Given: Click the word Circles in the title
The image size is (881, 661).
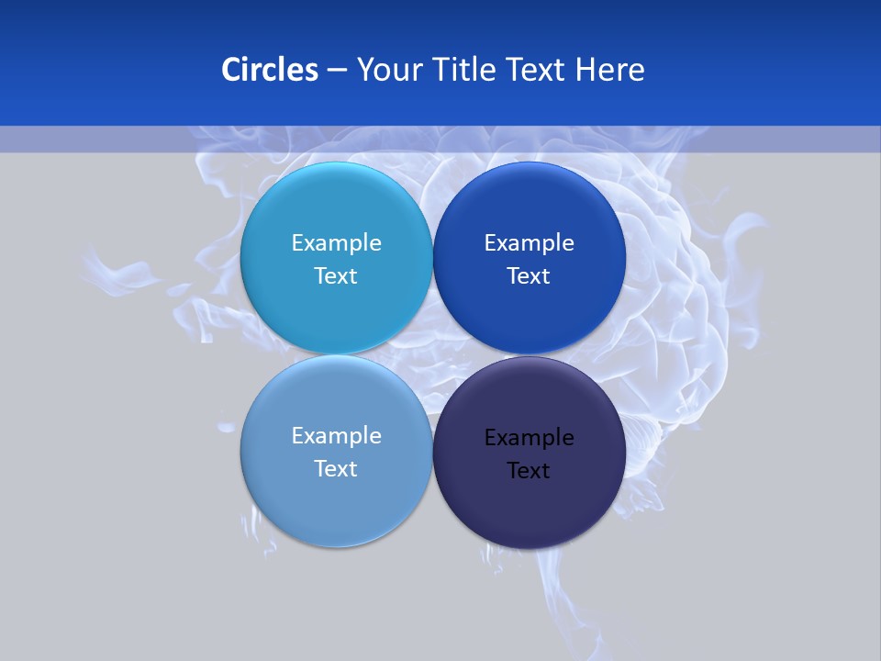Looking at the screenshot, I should pos(269,70).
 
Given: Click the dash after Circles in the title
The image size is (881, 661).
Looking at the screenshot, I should pos(337,71).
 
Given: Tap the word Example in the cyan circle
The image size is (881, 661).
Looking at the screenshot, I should pos(336,242).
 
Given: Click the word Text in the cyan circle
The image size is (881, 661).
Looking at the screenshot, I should pos(336,275).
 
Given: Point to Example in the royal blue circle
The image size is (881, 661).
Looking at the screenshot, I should pos(529,242).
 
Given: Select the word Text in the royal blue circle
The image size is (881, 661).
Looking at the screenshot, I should pos(529,275).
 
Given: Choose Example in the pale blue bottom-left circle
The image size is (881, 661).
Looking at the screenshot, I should pos(336,435).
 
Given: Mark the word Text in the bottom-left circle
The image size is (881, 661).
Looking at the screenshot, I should pos(336,468).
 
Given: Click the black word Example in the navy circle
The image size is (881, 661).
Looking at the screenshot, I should pos(529,437).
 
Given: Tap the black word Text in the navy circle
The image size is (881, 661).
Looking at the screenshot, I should pos(529,470).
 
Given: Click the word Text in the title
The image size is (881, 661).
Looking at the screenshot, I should pos(537,70).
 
